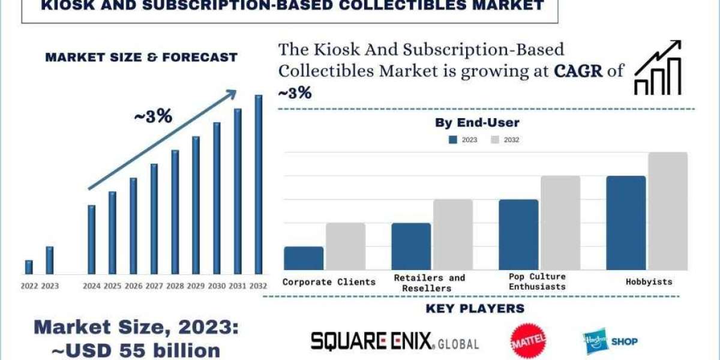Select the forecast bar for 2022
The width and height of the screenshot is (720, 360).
(x=29, y=267)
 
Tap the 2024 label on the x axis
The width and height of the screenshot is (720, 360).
(x=91, y=286)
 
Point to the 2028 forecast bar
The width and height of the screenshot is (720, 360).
(x=175, y=212)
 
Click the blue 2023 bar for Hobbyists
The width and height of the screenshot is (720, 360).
(x=626, y=223)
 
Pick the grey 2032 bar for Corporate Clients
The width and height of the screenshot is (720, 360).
(x=346, y=246)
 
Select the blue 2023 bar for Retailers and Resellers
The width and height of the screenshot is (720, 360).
(x=411, y=246)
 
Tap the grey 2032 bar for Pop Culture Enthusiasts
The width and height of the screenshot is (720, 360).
(x=560, y=223)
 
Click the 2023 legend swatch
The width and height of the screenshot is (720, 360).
(x=453, y=140)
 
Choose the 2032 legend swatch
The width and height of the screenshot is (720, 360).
(x=495, y=140)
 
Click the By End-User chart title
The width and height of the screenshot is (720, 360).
(x=477, y=123)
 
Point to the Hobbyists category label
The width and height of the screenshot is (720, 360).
(x=649, y=281)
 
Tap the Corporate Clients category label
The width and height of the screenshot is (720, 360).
(x=329, y=281)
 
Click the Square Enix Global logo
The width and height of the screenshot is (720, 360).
(x=395, y=341)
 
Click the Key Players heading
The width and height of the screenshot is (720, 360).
(x=475, y=309)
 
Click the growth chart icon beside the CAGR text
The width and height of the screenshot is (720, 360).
(x=658, y=68)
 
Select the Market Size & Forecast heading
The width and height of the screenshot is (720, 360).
(x=141, y=58)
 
